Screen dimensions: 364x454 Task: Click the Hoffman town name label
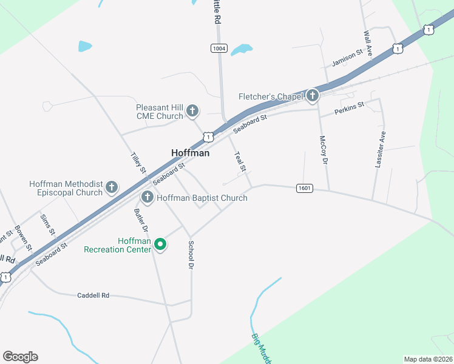tap(190, 153)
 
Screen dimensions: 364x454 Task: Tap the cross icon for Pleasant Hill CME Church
tap(192, 110)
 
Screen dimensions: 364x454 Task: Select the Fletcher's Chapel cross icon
tap(312, 96)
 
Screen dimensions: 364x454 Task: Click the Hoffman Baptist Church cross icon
tap(147, 197)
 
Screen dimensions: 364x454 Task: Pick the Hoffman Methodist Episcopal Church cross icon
tap(112, 187)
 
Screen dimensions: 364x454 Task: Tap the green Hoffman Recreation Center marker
tap(160, 244)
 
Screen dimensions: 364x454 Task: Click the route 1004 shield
tap(219, 48)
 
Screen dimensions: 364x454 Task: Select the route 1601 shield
tap(305, 188)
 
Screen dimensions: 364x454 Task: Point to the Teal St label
tap(239, 161)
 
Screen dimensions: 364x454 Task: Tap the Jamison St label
tap(347, 59)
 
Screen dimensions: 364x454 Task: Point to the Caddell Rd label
tap(93, 295)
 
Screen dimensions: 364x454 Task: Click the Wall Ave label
tap(367, 42)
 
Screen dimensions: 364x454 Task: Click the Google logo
tap(20, 357)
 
